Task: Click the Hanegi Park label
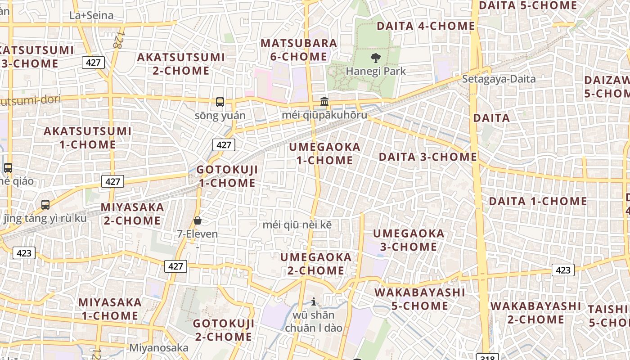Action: [x=376, y=71]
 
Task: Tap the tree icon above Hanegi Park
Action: [x=375, y=58]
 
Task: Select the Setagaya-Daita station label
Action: [x=499, y=79]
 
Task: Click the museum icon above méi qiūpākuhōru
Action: [x=324, y=102]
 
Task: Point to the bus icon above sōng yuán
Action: [x=220, y=102]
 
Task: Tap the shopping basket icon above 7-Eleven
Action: [x=198, y=220]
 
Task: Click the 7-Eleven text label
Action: [x=197, y=234]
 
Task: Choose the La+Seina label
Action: [x=91, y=15]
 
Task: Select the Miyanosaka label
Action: [x=159, y=348]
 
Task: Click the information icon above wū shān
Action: [x=314, y=301]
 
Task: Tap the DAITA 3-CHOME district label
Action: [x=427, y=157]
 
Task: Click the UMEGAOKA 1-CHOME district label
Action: [x=325, y=153]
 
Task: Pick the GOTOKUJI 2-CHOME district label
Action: [x=224, y=330]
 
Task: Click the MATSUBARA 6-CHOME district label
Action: [x=299, y=49]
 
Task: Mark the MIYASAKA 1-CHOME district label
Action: [x=110, y=309]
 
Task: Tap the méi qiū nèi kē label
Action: [x=297, y=225]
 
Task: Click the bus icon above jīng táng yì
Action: [x=45, y=205]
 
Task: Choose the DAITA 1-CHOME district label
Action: [x=538, y=201]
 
